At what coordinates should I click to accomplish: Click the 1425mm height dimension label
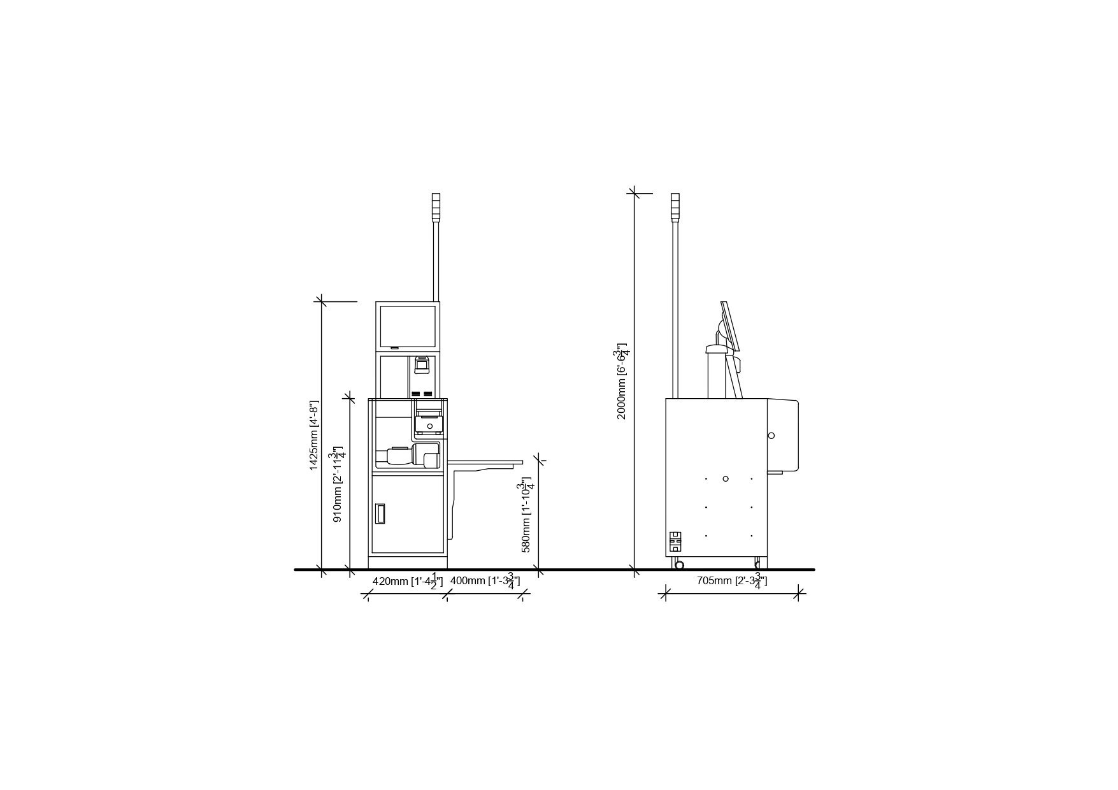tap(313, 436)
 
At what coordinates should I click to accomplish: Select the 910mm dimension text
tap(339, 484)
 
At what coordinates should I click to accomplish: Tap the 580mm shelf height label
tap(527, 515)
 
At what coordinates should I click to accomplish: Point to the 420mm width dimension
tap(408, 581)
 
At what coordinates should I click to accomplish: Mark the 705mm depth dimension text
tap(732, 581)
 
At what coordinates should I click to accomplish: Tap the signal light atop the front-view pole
tap(436, 207)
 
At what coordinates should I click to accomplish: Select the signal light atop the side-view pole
tap(675, 207)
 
